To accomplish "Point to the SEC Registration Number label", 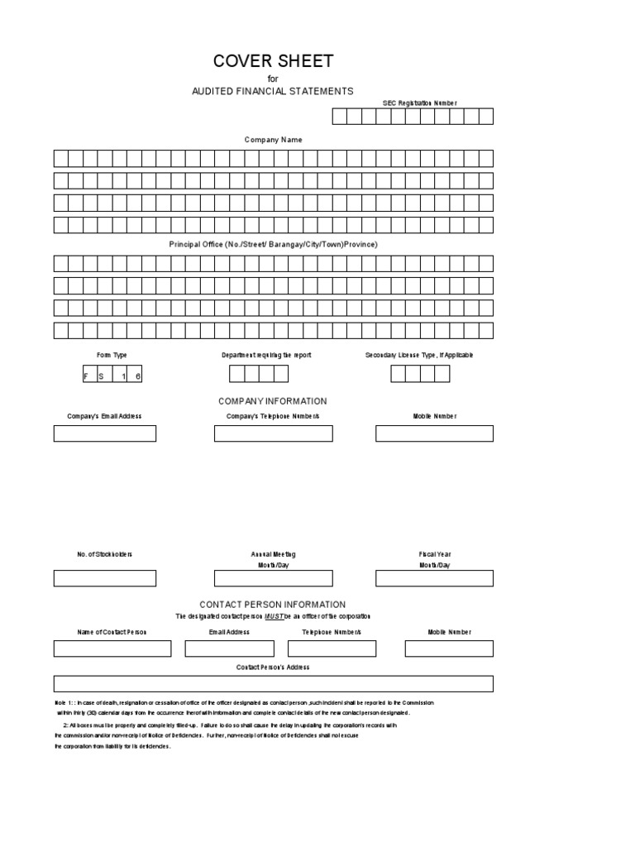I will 419,103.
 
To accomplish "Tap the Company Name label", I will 273,140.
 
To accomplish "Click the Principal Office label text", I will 273,245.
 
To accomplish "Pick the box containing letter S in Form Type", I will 103,375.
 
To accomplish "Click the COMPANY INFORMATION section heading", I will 273,401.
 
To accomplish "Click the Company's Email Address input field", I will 105,433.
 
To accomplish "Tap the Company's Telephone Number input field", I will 273,433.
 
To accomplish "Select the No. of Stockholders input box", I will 105,578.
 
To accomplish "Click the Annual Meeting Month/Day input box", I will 273,578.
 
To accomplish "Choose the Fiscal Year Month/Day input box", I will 434,578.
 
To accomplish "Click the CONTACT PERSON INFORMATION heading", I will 273,605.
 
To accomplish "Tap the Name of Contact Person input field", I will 112,648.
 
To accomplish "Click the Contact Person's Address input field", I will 273,683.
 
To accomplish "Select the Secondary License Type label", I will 419,355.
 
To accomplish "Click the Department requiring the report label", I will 266,355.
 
